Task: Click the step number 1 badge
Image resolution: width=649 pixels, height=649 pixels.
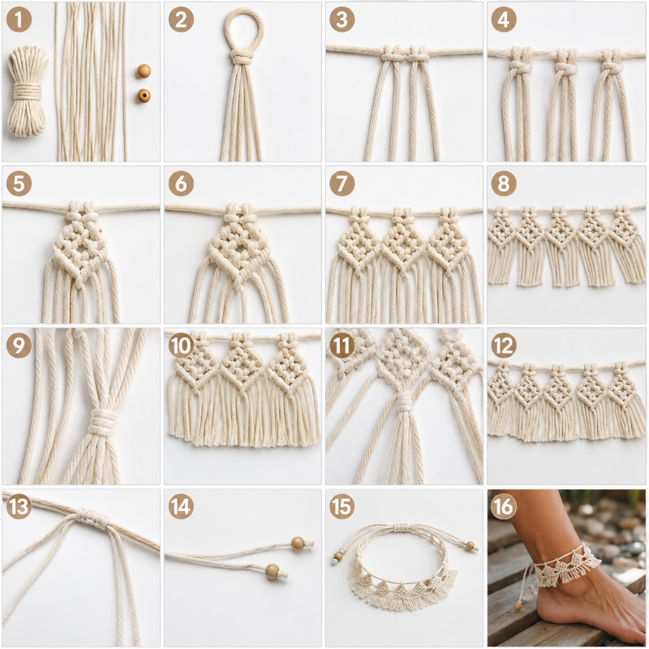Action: pos(19,19)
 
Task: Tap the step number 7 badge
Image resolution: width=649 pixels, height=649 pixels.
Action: pos(342,183)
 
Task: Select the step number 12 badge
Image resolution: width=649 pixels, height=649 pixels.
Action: pos(503,346)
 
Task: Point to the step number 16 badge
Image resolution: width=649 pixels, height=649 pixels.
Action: pos(503,506)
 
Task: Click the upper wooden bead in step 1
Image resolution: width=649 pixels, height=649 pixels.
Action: pos(144,71)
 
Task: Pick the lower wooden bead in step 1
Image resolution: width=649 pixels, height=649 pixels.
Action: pos(144,96)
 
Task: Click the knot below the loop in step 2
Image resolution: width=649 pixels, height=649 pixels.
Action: pos(241,56)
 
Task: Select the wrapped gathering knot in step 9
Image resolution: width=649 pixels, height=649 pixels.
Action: pos(103,421)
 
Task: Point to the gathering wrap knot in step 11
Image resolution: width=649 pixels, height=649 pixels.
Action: pos(405,401)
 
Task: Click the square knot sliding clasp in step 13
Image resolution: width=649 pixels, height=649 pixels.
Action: pos(92,518)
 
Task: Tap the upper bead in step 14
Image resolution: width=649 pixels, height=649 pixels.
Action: pos(298,543)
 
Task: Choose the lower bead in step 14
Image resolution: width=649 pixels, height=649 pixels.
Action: pos(272,571)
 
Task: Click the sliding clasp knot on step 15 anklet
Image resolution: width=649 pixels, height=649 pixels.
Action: pos(400,527)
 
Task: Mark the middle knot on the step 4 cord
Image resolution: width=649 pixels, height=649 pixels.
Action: pos(565,67)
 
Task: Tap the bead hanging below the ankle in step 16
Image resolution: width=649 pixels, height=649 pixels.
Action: pos(518,606)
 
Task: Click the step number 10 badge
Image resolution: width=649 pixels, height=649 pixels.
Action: pos(181,346)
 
